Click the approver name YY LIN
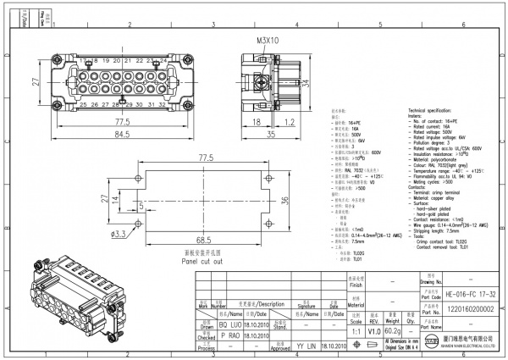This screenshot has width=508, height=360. coord(306,347)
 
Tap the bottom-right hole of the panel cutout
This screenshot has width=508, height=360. coord(268,221)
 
